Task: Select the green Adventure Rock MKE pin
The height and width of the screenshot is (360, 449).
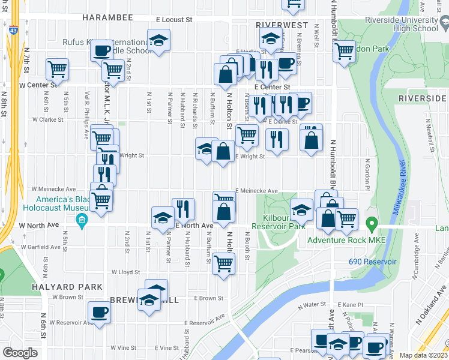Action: pyautogui.click(x=372, y=227)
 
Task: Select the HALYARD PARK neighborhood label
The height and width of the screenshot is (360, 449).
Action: pyautogui.click(x=72, y=287)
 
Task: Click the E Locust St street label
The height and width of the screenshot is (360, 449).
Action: pyautogui.click(x=173, y=20)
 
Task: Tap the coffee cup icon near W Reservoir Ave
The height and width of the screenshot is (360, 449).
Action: pyautogui.click(x=100, y=312)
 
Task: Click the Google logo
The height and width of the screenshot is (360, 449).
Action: pyautogui.click(x=20, y=353)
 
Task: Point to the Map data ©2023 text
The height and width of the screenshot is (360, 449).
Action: pyautogui.click(x=423, y=355)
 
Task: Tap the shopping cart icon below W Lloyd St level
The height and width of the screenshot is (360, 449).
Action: pyautogui.click(x=223, y=263)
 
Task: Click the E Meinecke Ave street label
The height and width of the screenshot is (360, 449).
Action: pyautogui.click(x=257, y=191)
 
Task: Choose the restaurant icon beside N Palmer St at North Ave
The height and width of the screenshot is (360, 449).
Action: pyautogui.click(x=183, y=208)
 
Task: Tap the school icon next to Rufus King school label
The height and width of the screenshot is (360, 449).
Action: pyautogui.click(x=159, y=41)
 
